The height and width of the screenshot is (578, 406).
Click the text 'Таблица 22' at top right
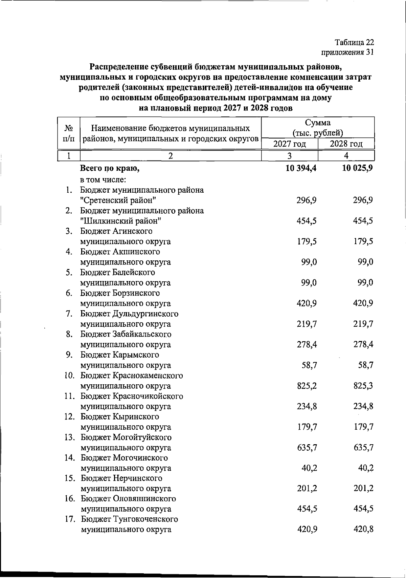coord(354,42)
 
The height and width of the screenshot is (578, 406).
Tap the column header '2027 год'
coord(290,144)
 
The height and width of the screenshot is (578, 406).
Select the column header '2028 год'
coord(346,144)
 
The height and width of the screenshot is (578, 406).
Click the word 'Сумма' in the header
coord(318,123)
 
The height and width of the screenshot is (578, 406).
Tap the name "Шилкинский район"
coord(120,221)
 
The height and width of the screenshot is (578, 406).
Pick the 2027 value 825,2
coord(307,386)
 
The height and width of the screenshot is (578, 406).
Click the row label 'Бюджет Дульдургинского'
coord(129,314)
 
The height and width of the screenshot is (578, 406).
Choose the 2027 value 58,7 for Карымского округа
coord(309,365)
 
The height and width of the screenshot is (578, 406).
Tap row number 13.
coord(69,437)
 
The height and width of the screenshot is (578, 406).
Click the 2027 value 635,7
coord(307,448)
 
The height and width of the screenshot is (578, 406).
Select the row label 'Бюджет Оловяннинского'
coord(128,499)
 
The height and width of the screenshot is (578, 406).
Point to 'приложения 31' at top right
coord(347,52)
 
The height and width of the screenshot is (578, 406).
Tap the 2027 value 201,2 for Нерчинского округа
coord(307,489)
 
